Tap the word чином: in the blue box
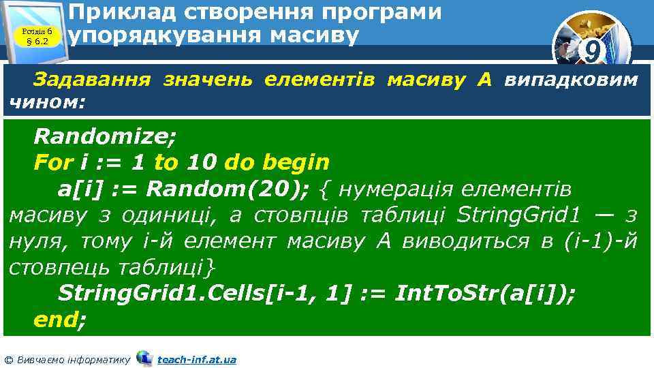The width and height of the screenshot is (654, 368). [45, 103]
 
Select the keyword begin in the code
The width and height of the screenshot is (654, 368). [296, 162]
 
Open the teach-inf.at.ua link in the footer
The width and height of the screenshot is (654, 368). [197, 359]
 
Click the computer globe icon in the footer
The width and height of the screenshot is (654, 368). [144, 358]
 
